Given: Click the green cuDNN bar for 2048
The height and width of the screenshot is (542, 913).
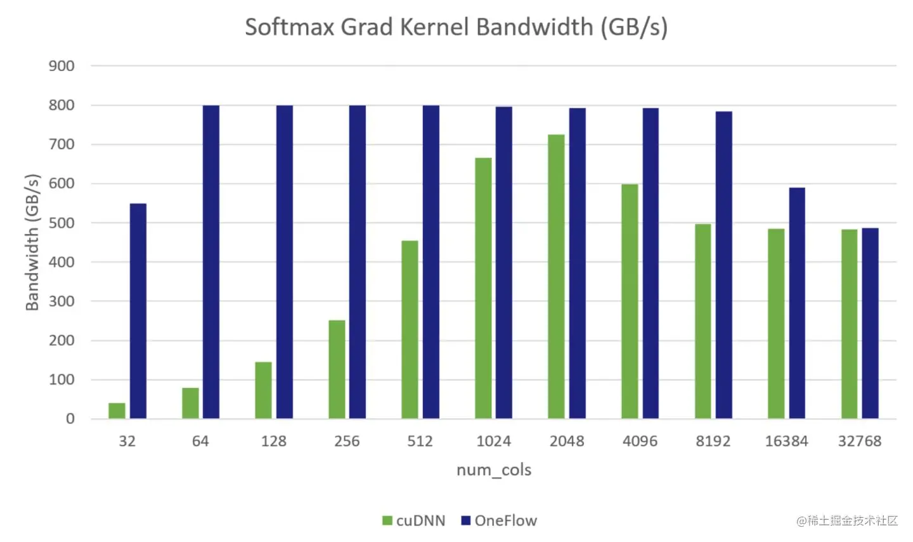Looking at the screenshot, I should pos(556,277).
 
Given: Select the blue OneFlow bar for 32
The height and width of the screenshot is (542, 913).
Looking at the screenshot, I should pos(138,311).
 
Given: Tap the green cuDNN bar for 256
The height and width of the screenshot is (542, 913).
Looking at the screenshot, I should pos(337,369).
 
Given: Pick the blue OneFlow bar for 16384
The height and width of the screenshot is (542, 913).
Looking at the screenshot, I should pos(797,303).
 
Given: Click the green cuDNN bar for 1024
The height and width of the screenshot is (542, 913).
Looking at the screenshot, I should pos(483,288).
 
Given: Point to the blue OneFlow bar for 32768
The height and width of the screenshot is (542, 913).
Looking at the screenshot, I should pos(870,323).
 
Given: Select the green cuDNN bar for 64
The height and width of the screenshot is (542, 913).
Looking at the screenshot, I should pos(190,403).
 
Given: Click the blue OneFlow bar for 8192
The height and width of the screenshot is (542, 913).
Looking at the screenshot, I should pos(723,265).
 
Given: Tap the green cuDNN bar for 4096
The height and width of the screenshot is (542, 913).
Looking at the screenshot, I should pos(630,301).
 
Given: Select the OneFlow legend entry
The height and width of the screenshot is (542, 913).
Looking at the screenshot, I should pos(499,521).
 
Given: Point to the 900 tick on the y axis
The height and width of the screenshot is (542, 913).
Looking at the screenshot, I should pos(62,66).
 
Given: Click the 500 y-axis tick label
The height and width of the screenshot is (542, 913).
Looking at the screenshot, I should pos(62,223).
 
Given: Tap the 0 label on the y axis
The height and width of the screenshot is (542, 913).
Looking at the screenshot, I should pos(70,419).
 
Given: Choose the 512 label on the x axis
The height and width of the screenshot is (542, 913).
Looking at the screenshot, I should pos(420,441).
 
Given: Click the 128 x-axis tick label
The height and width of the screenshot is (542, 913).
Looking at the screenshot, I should pos(273,441).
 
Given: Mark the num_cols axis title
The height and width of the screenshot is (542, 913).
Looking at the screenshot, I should pos(494,470).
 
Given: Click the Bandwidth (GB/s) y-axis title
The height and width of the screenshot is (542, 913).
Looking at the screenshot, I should pos(32,242).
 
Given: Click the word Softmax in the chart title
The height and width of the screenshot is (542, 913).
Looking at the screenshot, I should pos(289,27).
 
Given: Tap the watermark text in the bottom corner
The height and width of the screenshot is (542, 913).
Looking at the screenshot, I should pos(847,521).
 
